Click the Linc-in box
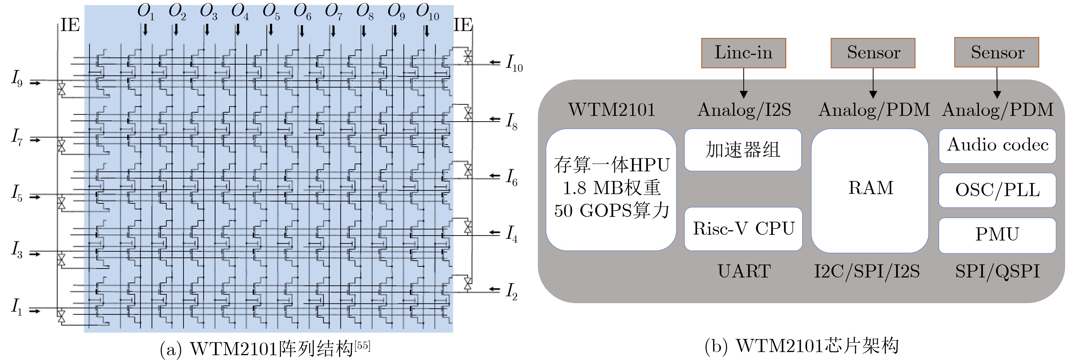click(744, 53)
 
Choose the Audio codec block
click(997, 146)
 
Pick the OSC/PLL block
click(997, 190)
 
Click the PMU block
click(997, 235)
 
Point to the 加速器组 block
click(743, 150)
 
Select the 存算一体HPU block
click(611, 190)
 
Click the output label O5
click(271, 12)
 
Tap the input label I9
click(17, 78)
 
